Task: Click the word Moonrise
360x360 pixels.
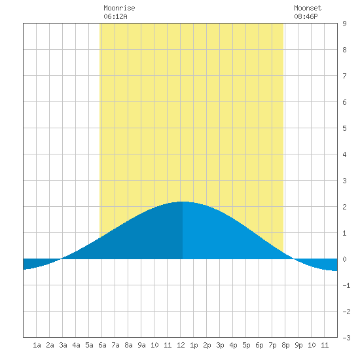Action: coord(119,8)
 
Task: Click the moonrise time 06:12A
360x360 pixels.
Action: coord(115,16)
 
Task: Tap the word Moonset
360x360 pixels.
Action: coord(308,8)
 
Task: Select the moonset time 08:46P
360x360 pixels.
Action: coord(306,16)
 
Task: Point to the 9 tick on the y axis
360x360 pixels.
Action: coord(344,24)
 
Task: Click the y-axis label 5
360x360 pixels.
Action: coord(344,128)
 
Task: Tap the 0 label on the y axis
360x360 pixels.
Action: coord(344,259)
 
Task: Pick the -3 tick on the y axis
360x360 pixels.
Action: coord(346,338)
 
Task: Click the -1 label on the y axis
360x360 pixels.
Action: coord(346,285)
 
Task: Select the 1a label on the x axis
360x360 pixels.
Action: coord(37,345)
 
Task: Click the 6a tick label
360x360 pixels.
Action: coord(102,345)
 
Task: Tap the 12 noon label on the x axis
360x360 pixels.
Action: coord(181,345)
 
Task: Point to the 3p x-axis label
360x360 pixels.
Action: coord(220,345)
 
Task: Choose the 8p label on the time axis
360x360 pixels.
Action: coord(285,345)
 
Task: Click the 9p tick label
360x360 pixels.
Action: coord(298,345)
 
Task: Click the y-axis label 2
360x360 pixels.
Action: coord(344,207)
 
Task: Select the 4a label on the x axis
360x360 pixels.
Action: coord(76,345)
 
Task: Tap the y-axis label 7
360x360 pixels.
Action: coord(344,76)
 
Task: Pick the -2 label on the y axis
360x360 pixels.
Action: coord(346,312)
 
